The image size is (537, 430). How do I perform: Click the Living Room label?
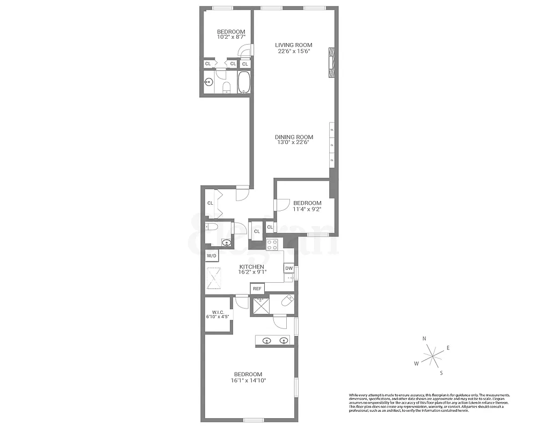tap(293, 45)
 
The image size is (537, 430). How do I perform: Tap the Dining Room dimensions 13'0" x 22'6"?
tap(293, 143)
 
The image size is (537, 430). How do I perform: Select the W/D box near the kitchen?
tap(212, 255)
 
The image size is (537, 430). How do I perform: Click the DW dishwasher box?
tap(289, 268)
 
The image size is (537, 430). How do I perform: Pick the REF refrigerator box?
tap(257, 289)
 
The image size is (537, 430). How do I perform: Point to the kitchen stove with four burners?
tap(273, 245)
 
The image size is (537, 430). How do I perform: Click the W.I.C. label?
tap(217, 312)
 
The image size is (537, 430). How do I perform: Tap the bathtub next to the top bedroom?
tap(244, 83)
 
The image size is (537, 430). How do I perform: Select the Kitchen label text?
tap(251, 267)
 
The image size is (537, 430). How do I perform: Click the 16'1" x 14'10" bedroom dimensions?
tap(248, 381)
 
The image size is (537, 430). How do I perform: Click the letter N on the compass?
tap(424, 339)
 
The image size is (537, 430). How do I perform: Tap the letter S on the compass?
tap(441, 372)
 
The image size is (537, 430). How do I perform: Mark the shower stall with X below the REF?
tap(259, 305)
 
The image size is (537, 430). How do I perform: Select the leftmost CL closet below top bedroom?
tap(208, 64)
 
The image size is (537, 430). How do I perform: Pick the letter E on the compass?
tap(448, 348)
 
